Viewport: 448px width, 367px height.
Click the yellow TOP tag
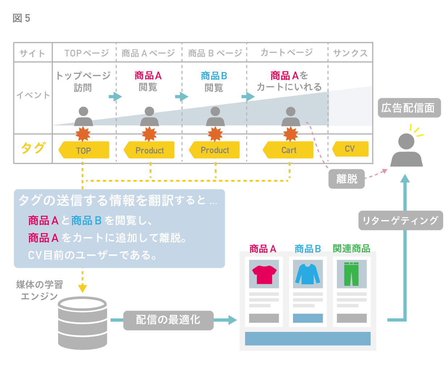pos(84,150)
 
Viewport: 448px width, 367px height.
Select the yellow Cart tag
pos(288,150)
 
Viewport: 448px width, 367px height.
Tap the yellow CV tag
pos(350,149)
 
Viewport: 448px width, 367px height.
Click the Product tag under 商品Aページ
pos(149,150)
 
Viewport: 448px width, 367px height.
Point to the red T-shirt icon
pos(264,274)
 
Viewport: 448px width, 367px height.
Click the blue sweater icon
pos(308,274)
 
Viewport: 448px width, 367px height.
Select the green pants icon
pos(351,274)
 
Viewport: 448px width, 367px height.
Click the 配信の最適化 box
pos(168,320)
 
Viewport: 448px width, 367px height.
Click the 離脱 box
pos(347,179)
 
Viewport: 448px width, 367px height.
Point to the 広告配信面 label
pos(409,108)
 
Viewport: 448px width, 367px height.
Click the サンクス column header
pos(350,53)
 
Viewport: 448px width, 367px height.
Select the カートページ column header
pos(286,53)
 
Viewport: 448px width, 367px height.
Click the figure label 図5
pos(21,18)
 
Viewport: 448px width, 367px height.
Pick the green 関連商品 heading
pos(351,249)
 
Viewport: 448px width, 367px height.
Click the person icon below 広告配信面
pos(406,150)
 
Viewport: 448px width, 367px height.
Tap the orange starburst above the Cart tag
pos(290,134)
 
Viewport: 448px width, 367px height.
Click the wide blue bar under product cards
pos(308,339)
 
